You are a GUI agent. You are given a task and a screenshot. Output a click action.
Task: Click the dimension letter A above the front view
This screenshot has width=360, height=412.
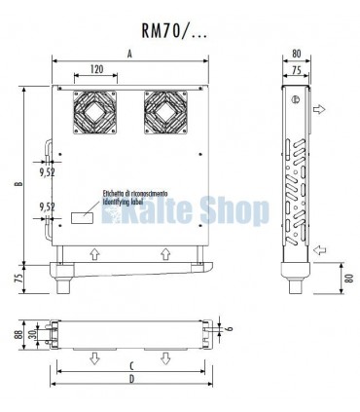coord(130,56)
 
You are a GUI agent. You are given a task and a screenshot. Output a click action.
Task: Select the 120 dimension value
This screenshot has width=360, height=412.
coord(94,71)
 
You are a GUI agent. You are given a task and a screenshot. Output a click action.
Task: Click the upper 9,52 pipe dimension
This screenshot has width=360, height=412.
coord(45,173)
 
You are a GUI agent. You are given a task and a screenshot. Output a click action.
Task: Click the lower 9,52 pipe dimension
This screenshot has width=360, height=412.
coord(45,206)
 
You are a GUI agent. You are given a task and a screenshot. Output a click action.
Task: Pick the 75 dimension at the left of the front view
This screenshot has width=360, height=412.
coord(19,278)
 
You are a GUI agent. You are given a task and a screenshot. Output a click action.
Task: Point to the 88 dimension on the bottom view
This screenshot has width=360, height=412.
coord(19,333)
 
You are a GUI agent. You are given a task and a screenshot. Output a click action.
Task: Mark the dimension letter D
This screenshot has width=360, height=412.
coord(130,381)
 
